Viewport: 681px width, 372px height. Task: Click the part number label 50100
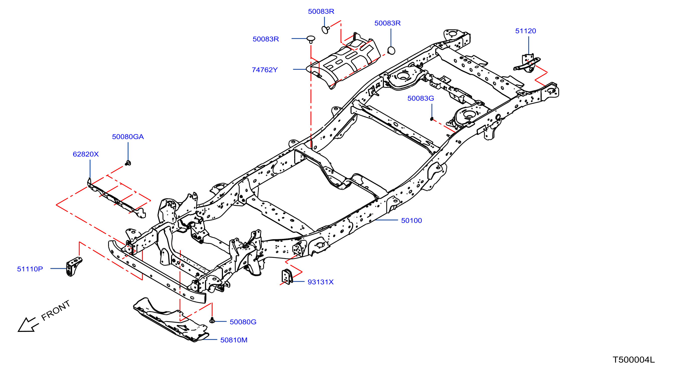coord(411,220)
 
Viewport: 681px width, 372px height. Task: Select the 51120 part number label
coord(525,31)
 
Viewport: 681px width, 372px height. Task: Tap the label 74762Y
coord(265,70)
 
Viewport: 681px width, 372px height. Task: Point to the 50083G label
coord(421,98)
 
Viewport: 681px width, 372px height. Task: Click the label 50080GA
coord(128,137)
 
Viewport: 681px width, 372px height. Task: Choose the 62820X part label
coord(86,154)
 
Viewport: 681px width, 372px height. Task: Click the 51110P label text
coord(30,269)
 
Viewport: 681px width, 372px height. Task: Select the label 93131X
coord(320,282)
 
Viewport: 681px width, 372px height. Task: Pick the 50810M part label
coord(234,340)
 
